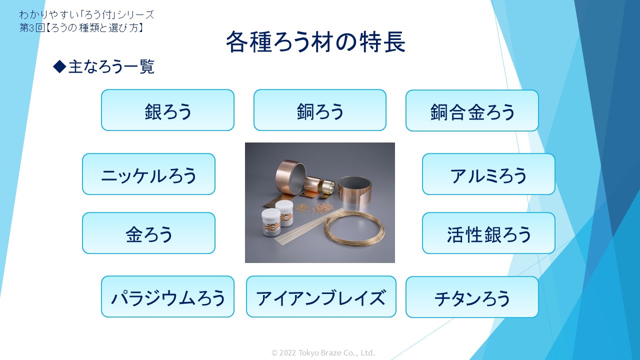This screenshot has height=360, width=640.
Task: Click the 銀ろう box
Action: [167, 110]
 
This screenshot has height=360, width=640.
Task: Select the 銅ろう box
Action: [320, 110]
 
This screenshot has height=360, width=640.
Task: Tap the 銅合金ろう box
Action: [472, 110]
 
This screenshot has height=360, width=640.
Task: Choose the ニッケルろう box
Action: [148, 174]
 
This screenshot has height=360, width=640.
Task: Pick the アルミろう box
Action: [488, 174]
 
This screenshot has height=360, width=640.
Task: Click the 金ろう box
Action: [148, 233]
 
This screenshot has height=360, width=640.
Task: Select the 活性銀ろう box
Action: [488, 233]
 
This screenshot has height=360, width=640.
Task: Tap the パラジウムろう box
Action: [167, 296]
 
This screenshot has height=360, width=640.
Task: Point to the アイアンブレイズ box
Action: [321, 296]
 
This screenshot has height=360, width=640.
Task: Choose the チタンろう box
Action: [472, 297]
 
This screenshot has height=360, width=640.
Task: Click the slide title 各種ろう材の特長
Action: [315, 41]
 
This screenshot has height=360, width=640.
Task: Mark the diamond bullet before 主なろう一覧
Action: [59, 66]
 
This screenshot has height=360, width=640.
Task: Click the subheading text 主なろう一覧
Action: [111, 66]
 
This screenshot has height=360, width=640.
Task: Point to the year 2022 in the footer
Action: [287, 353]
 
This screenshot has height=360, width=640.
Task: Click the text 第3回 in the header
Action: [32, 27]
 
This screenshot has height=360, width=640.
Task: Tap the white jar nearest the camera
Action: [271, 221]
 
